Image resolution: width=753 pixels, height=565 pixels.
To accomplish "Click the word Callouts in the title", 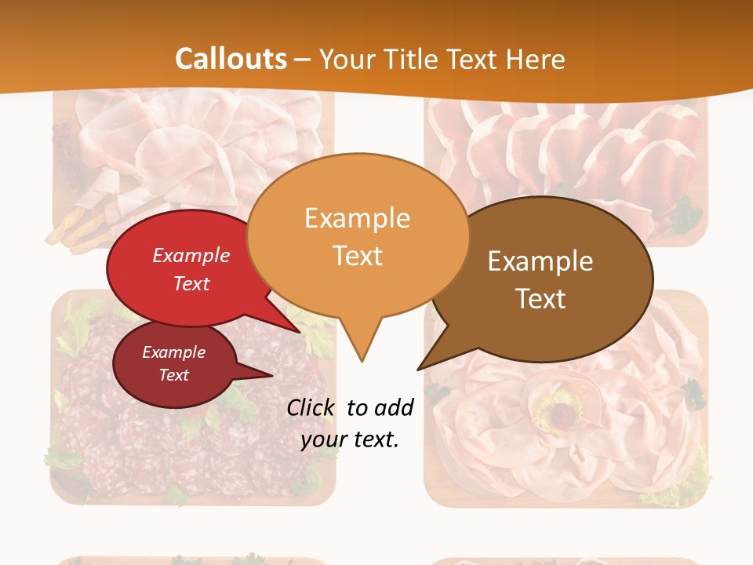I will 231,59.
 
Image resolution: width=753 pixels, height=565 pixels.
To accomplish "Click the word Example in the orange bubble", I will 357,218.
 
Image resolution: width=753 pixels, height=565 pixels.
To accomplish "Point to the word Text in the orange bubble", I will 358,256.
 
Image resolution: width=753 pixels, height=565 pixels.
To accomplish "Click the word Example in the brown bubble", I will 540,261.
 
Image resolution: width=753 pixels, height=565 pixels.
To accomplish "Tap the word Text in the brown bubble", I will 541,299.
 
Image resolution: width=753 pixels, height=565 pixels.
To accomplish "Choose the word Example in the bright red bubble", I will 191,255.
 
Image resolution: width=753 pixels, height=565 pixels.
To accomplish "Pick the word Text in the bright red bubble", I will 191,283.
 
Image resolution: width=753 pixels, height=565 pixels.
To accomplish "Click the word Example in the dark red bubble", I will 173,352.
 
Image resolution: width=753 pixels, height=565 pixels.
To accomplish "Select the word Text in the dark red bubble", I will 173,375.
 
